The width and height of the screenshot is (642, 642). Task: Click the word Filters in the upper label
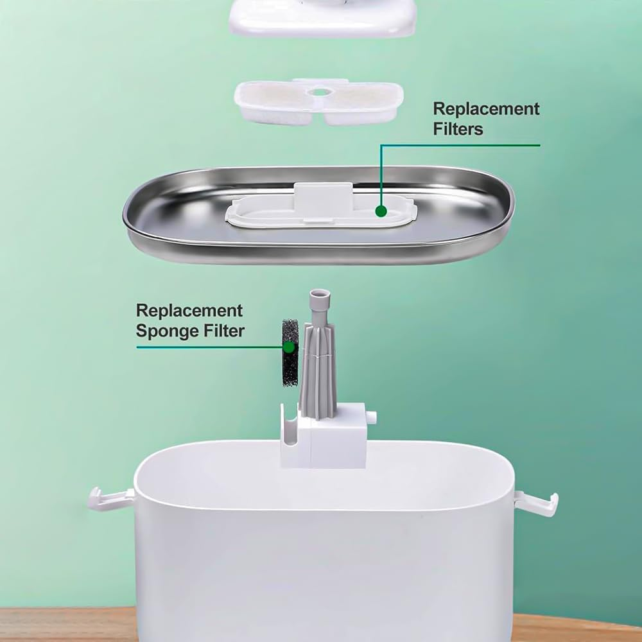tap(458, 129)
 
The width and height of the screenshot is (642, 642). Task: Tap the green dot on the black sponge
tap(289, 347)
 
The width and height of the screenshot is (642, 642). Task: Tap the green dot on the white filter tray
tap(381, 211)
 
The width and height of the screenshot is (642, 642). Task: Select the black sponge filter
tap(291, 353)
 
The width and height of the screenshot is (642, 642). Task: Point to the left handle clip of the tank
tap(110, 498)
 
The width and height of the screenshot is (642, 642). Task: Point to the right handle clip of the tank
tap(536, 503)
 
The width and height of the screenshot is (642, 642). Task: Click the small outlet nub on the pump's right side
tap(371, 419)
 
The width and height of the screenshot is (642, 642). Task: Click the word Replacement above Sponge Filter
tap(189, 311)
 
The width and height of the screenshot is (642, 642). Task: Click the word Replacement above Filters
tap(487, 109)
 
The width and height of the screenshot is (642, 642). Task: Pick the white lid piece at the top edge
tap(323, 17)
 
